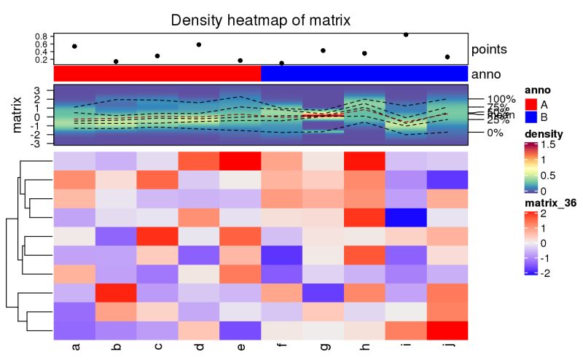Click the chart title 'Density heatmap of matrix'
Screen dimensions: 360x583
pos(260,20)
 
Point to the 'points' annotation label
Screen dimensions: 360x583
pos(490,50)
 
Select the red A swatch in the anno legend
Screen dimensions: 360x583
pos(531,104)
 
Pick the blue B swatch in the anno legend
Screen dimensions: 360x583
pos(531,117)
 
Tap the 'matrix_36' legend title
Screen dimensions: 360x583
pos(549,202)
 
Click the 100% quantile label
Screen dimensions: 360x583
pos(501,99)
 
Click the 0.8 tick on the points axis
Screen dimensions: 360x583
pos(41,36)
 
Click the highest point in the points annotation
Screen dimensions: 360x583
pos(406,34)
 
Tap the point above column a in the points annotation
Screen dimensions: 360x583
pos(74,47)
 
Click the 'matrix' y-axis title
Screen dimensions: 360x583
pos(18,117)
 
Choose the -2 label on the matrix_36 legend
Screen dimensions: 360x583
pos(547,272)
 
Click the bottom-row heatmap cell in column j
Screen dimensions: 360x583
pos(447,330)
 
